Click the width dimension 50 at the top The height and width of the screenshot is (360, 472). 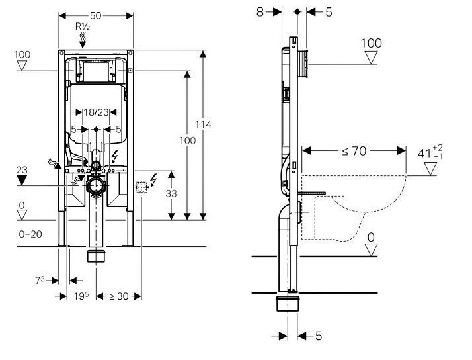click(96, 15)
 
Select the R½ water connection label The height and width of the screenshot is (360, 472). click(83, 26)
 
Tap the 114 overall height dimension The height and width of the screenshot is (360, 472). click(203, 124)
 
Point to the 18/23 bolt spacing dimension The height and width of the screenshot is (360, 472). click(96, 112)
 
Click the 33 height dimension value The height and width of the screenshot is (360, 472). click(171, 193)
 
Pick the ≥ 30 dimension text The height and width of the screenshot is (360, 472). click(118, 296)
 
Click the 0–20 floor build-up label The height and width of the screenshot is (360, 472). click(30, 234)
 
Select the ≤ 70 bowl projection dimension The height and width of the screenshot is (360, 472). click(354, 151)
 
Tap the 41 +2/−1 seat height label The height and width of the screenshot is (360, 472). click(430, 152)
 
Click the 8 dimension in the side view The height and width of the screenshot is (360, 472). click(260, 12)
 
